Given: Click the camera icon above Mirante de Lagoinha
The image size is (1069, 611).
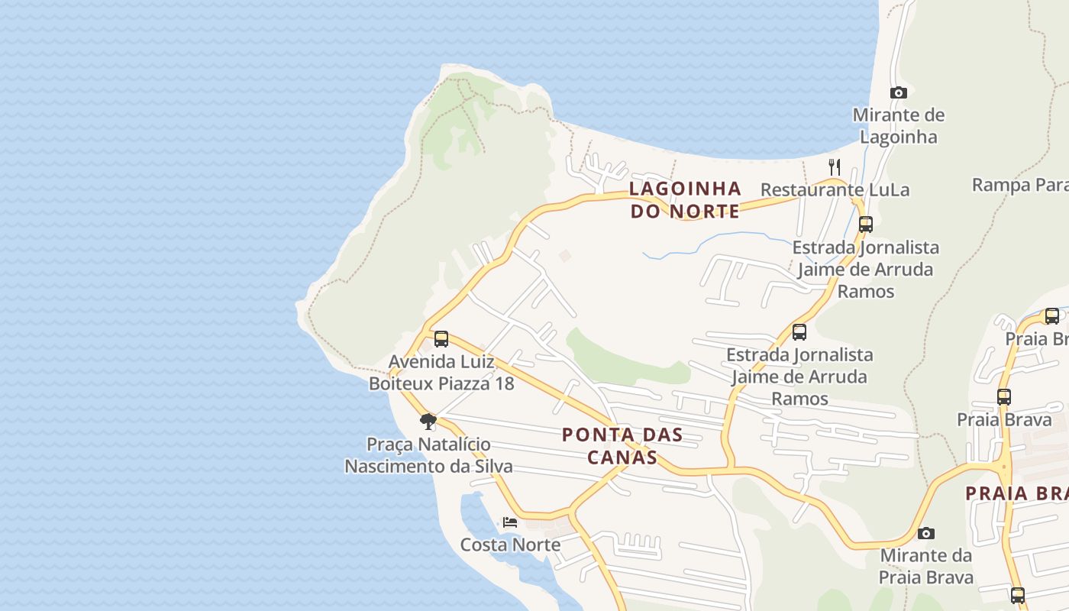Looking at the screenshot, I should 899,92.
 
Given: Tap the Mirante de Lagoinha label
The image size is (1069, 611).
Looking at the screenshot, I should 898,126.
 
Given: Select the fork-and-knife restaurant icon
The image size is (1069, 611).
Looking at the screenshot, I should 835,166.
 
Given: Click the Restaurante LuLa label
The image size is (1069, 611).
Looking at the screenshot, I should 835,189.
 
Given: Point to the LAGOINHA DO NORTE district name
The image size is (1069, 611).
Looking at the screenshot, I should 685,199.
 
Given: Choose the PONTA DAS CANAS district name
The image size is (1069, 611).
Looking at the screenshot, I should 622,446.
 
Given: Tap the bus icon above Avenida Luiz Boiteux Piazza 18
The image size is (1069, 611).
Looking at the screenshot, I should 441,339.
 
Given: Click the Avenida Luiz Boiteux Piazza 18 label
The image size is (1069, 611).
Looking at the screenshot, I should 441,372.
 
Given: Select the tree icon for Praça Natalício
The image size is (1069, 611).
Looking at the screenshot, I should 428,421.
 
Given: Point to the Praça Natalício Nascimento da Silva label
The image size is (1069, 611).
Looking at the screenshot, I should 428,454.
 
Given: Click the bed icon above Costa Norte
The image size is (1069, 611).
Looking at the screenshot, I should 510,522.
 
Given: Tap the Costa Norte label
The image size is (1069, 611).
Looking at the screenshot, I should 510,545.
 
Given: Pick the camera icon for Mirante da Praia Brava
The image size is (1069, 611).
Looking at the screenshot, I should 925,533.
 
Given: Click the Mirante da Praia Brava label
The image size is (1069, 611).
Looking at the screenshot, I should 925,565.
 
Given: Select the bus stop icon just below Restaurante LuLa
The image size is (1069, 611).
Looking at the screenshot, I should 865,225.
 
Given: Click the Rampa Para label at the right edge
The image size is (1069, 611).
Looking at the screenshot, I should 1019,185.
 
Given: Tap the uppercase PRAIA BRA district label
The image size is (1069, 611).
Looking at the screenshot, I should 1016,493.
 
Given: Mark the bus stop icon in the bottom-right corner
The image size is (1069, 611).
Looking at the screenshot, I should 1017,595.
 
